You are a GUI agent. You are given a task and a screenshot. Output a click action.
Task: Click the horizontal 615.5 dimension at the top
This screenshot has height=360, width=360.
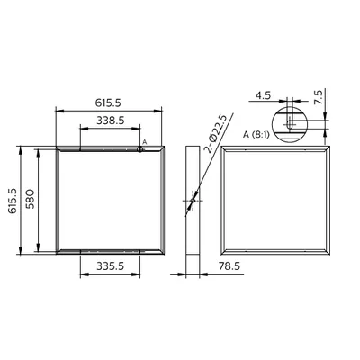(108, 103)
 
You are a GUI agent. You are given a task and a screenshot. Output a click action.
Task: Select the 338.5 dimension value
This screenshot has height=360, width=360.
(110, 121)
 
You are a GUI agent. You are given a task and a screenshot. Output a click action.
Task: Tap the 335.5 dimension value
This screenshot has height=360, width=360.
(110, 265)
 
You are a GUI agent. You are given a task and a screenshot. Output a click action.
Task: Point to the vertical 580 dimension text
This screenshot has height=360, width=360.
(31, 199)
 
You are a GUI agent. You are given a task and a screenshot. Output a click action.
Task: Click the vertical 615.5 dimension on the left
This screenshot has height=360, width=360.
(13, 201)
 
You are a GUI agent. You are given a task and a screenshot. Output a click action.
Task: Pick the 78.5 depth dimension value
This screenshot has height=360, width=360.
(229, 265)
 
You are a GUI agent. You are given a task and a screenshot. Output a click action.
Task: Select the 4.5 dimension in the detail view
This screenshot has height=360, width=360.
(263, 95)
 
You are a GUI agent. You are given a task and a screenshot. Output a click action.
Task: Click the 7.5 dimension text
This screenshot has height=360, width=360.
(318, 97)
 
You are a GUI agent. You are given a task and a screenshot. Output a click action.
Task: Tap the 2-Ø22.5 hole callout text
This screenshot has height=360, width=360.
(216, 133)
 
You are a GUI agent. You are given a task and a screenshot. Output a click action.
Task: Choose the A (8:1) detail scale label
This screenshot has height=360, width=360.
(256, 135)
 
